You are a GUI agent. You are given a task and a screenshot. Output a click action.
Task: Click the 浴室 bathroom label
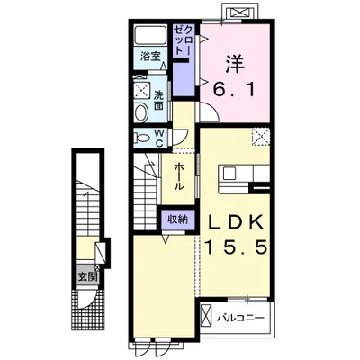[x=150, y=57]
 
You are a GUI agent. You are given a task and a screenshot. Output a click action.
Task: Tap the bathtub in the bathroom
[x=150, y=35]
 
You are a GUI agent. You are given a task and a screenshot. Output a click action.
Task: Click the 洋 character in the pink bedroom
[x=236, y=64]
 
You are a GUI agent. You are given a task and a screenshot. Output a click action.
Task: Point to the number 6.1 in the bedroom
[x=235, y=89]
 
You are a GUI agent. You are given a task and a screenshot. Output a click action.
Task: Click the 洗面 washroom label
[x=158, y=100]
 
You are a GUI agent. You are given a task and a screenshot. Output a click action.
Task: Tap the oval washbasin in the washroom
[x=141, y=113]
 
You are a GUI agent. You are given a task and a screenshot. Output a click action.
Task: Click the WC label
[x=159, y=139]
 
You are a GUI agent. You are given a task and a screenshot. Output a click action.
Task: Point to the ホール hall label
[x=179, y=176]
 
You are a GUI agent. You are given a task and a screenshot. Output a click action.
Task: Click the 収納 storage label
[x=177, y=220]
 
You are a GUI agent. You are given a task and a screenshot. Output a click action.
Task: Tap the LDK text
[x=235, y=222]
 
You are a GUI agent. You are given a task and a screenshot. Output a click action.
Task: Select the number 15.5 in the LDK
[x=236, y=247]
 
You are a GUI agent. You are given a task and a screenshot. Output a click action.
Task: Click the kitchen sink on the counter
[x=229, y=174]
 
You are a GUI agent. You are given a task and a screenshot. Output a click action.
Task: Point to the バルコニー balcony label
[x=240, y=317]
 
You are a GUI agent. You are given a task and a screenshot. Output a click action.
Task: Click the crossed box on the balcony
[x=206, y=315]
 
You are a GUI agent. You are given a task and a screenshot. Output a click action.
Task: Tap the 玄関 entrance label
[x=88, y=276]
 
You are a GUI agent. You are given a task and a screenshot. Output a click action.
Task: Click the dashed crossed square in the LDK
[x=261, y=137]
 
